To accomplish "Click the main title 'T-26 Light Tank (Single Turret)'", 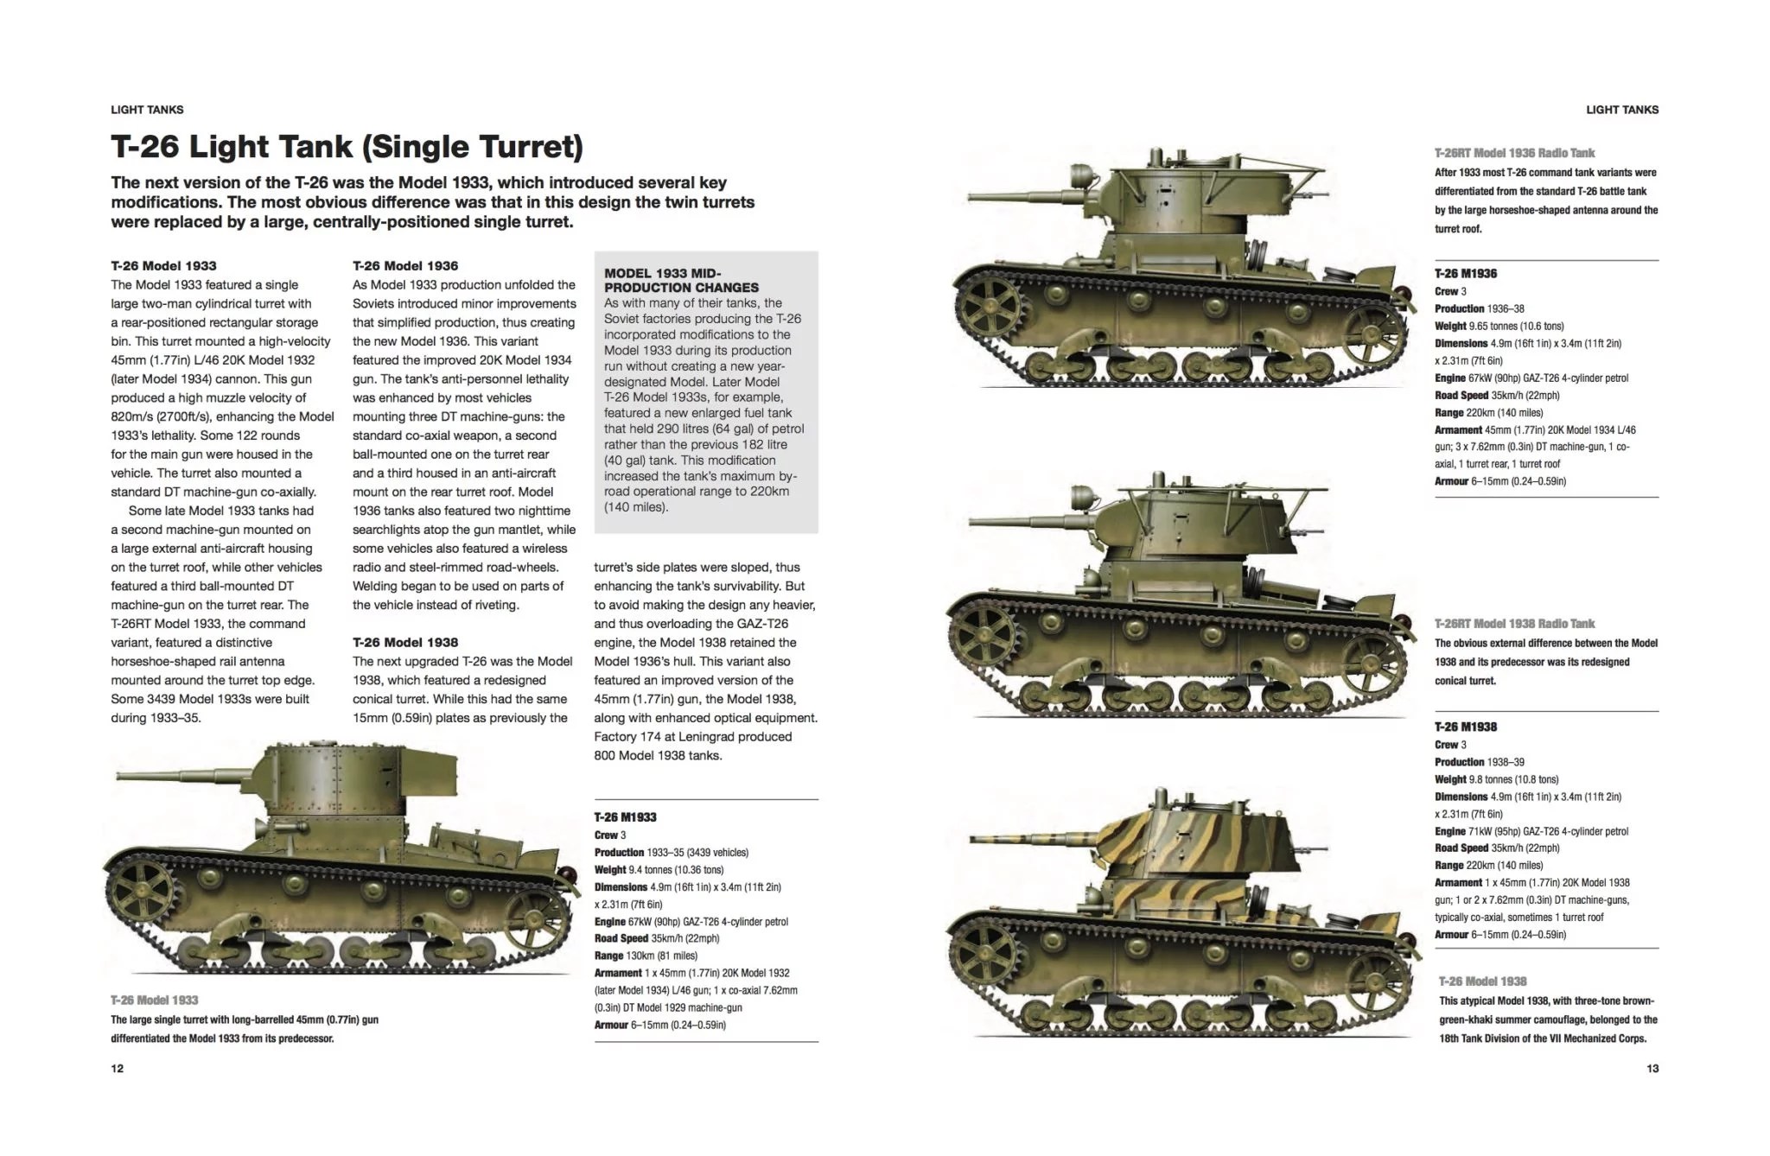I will point(347,147).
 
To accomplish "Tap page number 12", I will point(118,1069).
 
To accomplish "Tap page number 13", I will point(1652,1069).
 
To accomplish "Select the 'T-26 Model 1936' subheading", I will point(405,266).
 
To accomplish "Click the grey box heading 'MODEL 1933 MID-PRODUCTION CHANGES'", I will point(681,280).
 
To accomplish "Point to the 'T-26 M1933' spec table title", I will point(625,817).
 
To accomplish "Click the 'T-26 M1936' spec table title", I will point(1466,274).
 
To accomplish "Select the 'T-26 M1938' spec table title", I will point(1466,727).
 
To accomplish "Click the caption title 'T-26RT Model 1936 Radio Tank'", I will point(1514,153).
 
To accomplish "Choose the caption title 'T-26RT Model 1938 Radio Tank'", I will point(1514,624).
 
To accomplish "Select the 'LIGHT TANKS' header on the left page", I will point(147,110).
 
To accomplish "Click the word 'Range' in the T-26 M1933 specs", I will point(608,956).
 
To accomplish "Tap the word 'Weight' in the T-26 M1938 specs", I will point(1450,779).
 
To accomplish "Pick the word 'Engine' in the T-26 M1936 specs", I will point(1450,378).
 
